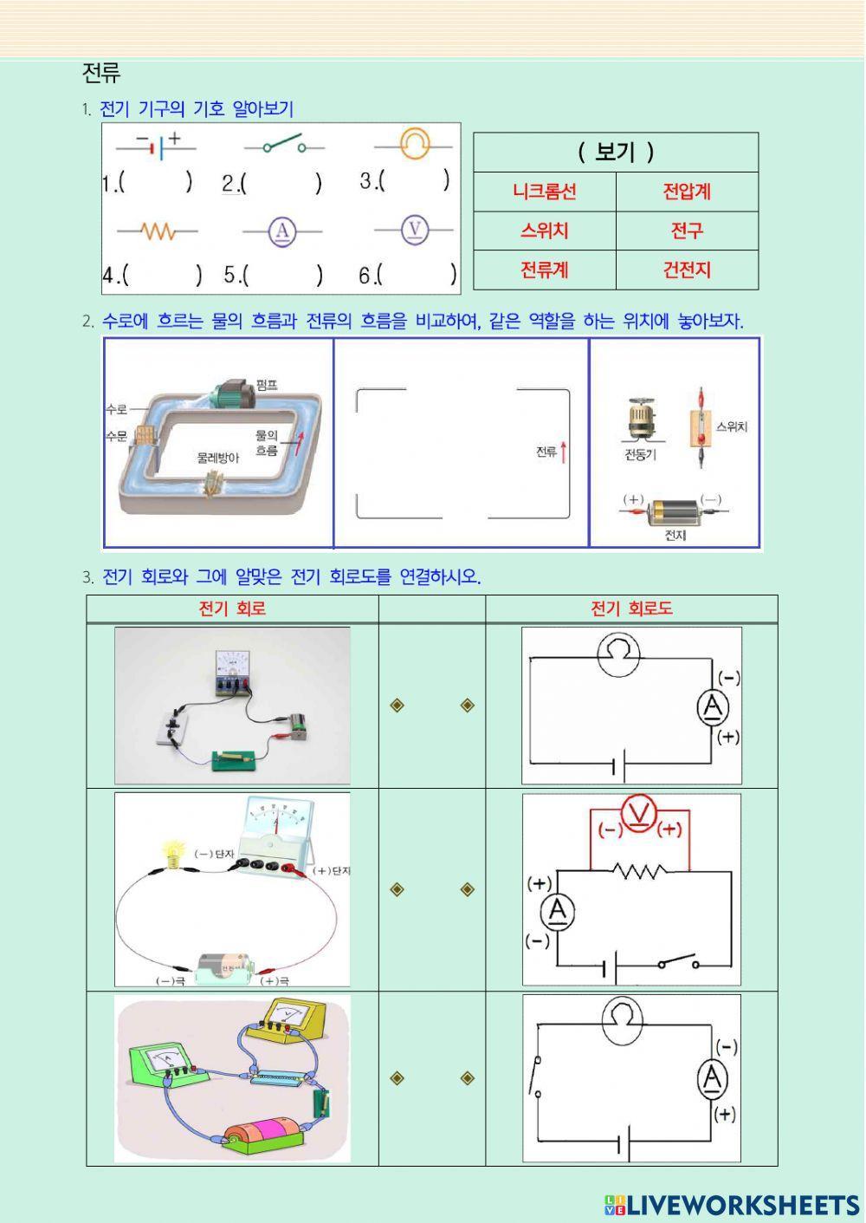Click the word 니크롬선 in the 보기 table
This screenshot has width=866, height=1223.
[544, 192]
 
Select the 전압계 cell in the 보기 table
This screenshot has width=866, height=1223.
[687, 192]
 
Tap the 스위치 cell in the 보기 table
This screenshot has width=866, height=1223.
[544, 231]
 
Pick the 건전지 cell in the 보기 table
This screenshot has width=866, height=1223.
[687, 270]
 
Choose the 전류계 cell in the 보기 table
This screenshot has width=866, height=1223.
[544, 270]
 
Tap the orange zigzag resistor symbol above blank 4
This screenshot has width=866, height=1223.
[158, 231]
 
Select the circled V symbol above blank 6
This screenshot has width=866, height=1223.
[415, 229]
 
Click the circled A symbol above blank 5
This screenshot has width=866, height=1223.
[282, 231]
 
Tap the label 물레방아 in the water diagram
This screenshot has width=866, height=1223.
[217, 458]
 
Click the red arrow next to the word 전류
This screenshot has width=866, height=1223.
[564, 452]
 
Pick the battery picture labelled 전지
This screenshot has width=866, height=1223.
[674, 511]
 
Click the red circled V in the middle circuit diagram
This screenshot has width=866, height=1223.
[640, 815]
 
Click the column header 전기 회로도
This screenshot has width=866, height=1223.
[630, 608]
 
